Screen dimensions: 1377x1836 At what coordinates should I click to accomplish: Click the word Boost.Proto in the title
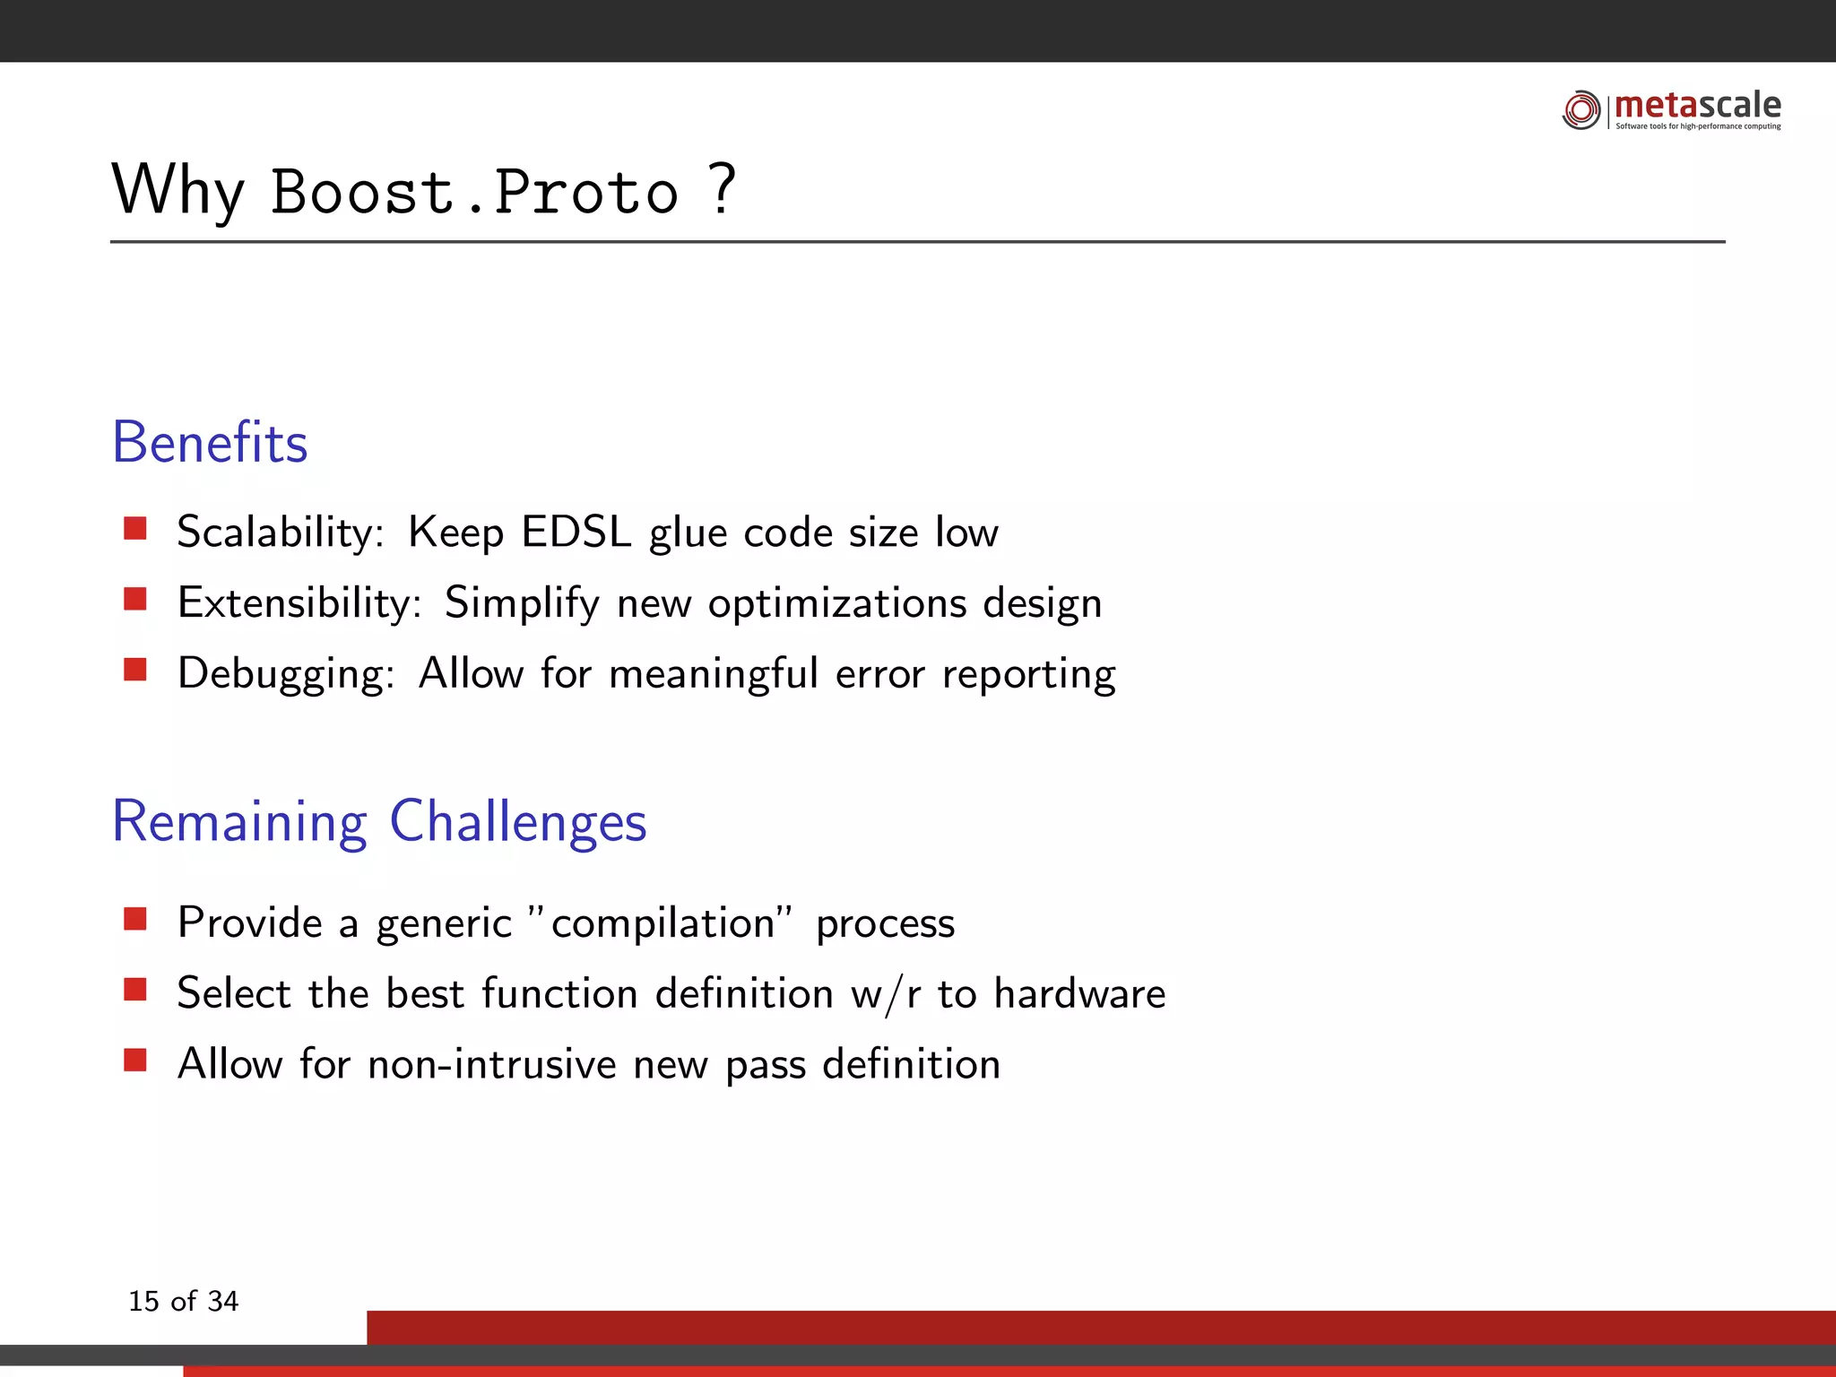474,192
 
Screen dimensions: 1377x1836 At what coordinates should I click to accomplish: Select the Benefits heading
210,442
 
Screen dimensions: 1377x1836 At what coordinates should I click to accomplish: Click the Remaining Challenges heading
379,821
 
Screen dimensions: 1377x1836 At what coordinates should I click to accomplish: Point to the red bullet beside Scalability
135,528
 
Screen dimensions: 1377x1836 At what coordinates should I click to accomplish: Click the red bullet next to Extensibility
135,598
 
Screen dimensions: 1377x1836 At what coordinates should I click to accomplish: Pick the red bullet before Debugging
135,669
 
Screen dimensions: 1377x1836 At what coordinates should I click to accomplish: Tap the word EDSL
576,532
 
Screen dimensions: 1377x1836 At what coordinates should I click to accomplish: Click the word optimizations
837,603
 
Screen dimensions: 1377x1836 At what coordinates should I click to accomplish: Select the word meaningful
714,673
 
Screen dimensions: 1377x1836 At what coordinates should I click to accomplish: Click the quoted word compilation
663,922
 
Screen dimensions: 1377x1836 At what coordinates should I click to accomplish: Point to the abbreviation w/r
886,994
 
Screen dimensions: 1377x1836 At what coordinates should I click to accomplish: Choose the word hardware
1079,993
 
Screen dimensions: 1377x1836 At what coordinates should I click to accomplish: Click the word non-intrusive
492,1064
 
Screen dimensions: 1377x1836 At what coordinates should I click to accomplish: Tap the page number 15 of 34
184,1301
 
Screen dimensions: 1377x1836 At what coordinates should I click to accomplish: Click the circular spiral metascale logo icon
1581,109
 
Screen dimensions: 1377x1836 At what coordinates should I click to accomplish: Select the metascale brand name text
1698,105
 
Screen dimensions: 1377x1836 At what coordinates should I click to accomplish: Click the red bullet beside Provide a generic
135,919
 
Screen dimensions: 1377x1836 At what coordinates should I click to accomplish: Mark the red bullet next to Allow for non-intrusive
135,1061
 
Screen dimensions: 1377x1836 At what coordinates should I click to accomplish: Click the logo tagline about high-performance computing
1698,126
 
